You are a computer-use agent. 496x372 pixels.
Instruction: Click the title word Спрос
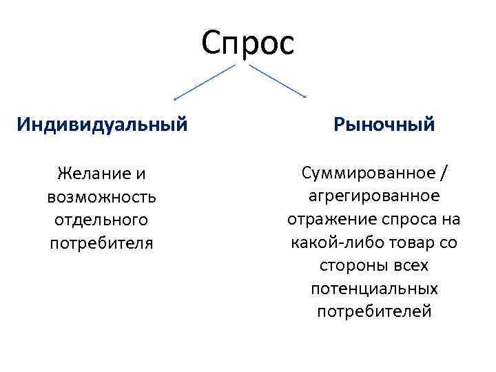point(248,43)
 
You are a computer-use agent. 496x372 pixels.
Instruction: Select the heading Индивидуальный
point(102,125)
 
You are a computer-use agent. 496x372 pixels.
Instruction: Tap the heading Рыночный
point(384,125)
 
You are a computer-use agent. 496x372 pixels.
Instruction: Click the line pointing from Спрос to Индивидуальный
point(205,81)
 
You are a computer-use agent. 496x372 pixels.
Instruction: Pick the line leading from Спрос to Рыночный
point(277,81)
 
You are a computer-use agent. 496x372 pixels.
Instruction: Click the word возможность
point(102,197)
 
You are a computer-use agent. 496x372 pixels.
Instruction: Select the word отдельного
point(102,220)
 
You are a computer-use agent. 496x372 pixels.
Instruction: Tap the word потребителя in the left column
point(102,243)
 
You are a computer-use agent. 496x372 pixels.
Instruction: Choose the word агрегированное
point(374,196)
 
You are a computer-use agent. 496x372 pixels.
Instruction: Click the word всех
point(409,266)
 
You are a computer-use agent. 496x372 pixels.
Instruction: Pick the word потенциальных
point(374,289)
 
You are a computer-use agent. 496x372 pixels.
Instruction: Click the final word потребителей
point(374,312)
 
